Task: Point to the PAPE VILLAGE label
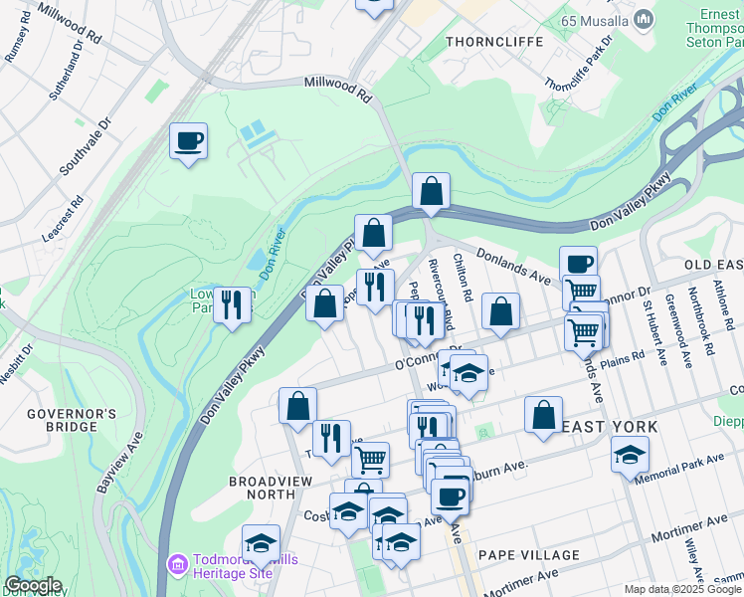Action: coord(528,554)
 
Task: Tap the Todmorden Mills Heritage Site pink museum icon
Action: coord(178,564)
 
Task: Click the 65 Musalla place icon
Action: coord(644,19)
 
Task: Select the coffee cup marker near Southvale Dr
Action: coord(187,140)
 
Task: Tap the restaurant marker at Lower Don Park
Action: coord(231,303)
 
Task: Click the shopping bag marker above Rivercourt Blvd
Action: coord(431,190)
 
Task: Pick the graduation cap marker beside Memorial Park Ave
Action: coord(629,454)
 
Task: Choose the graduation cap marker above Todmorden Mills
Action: coord(261,542)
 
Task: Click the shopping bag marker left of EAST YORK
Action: coord(543,415)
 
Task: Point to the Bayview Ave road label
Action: coord(119,464)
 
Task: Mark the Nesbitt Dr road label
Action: coord(14,362)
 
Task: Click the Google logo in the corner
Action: coord(32,585)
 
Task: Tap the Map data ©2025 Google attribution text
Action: coord(682,589)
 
